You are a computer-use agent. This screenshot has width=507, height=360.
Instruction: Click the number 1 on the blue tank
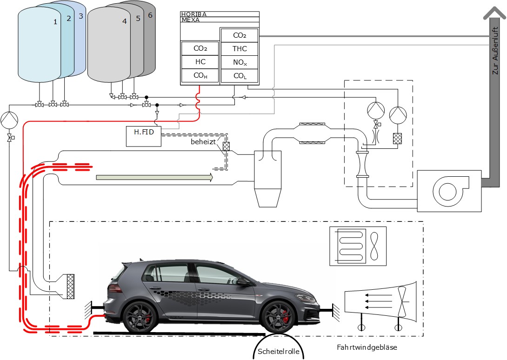tap(55, 22)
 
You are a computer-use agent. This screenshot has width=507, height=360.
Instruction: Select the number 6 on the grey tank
tap(150, 15)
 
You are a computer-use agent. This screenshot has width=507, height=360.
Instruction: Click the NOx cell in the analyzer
tap(240, 62)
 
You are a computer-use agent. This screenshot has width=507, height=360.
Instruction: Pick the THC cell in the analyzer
tap(240, 48)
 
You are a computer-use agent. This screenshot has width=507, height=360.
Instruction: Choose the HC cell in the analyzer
tap(200, 62)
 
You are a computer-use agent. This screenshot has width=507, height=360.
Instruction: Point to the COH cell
tap(200, 75)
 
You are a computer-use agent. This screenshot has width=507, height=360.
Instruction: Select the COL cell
tap(240, 75)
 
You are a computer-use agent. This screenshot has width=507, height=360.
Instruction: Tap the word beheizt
tap(203, 141)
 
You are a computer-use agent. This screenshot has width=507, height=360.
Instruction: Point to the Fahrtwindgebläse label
tap(367, 347)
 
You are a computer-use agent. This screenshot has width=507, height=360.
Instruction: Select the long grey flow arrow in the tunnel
tap(154, 177)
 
